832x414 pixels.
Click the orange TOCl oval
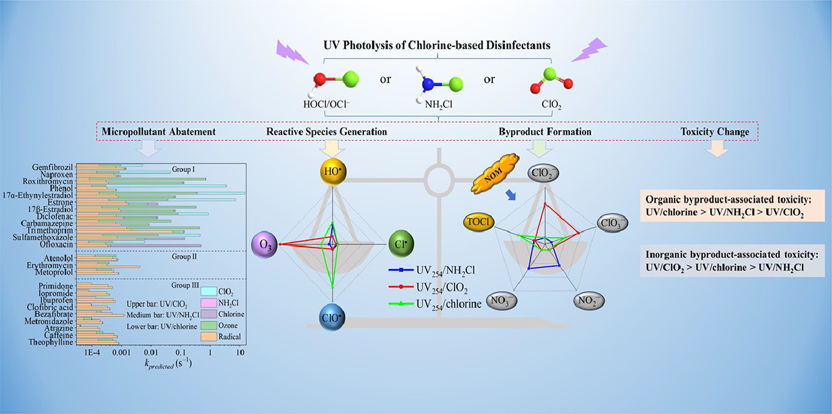[479, 222]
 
